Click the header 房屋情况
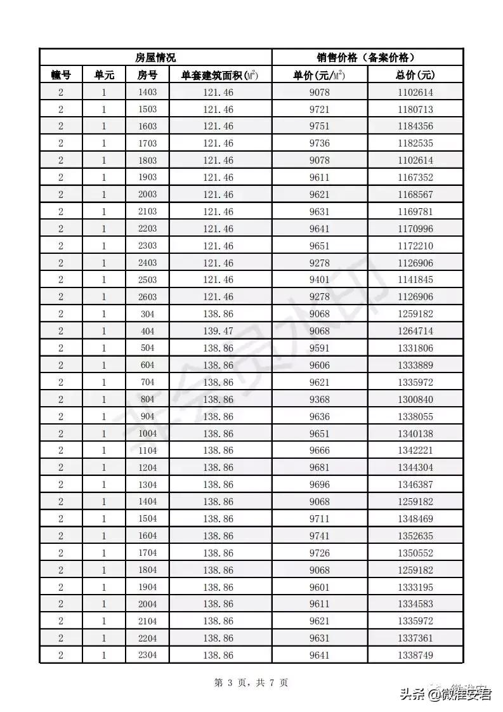coord(155,58)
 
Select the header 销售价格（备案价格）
coord(367,58)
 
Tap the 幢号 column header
coord(61,75)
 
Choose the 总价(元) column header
coord(415,75)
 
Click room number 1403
coord(147,93)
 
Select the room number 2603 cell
coord(147,297)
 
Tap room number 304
coord(147,314)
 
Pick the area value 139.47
coord(218,331)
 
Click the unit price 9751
coord(320,126)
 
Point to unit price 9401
coord(320,280)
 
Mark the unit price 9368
coord(320,399)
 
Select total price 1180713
coord(415,110)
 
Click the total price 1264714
coord(415,331)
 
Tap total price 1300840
coord(415,399)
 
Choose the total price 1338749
coord(415,655)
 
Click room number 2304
coord(147,655)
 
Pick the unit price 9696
coord(320,485)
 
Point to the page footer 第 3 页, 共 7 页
coord(251,683)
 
